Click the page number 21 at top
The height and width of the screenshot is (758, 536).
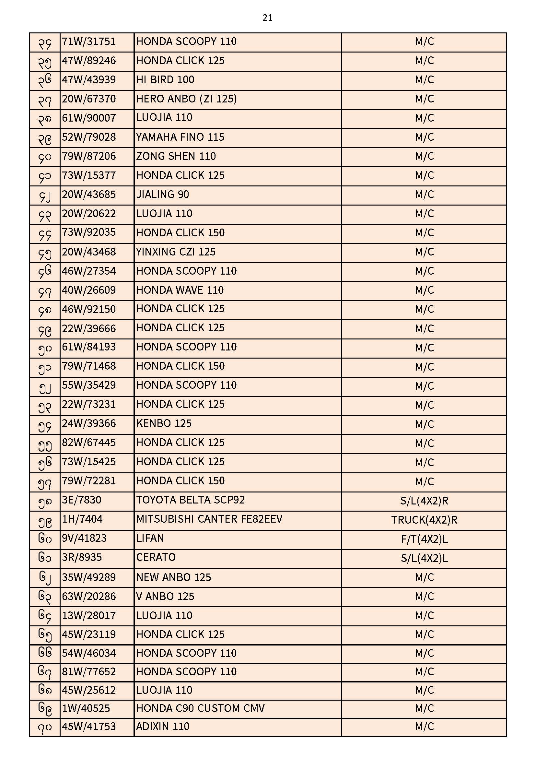(267, 18)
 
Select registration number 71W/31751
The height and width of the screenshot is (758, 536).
(89, 42)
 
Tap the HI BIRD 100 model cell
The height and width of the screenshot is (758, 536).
(165, 80)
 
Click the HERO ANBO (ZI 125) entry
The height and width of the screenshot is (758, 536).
(186, 99)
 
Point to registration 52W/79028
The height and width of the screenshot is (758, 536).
(89, 137)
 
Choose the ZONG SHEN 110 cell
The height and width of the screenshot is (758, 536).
(176, 157)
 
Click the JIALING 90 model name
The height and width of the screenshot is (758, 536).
(162, 195)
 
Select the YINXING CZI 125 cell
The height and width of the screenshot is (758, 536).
(176, 252)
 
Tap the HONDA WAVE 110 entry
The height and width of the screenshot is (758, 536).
(180, 290)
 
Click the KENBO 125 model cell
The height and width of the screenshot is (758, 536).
(164, 423)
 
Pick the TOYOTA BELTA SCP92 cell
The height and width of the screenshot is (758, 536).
(191, 500)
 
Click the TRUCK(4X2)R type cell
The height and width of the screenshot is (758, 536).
(424, 520)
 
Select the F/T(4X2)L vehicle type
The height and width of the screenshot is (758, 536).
(424, 539)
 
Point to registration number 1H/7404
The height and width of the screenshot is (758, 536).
(82, 519)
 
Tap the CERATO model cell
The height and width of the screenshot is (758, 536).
(156, 558)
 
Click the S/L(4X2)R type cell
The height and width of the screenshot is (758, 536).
(424, 501)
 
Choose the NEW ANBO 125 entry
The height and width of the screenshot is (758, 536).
(173, 577)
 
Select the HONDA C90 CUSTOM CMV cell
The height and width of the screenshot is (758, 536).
(200, 708)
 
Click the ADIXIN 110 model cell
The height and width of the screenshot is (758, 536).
(163, 727)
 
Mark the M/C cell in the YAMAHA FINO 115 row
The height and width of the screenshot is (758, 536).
(424, 137)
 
